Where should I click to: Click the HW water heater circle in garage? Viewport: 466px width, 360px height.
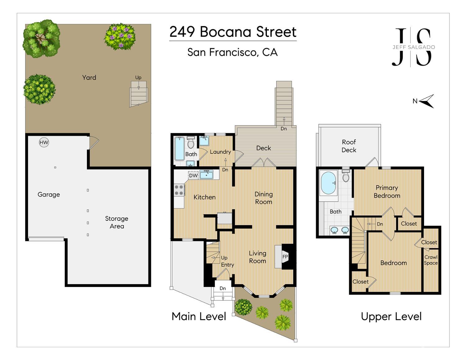click(44, 143)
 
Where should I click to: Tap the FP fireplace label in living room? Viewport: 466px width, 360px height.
click(285, 257)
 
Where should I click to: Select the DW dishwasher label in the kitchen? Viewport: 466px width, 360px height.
click(193, 175)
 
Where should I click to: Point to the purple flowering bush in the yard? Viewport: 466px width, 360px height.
click(120, 36)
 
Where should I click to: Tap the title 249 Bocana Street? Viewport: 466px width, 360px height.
click(233, 32)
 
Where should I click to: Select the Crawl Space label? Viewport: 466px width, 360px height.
click(431, 260)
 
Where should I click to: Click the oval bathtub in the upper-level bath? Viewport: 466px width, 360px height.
click(328, 183)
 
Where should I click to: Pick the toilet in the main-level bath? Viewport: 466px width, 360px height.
click(191, 143)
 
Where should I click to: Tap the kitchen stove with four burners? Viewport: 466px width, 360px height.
click(179, 190)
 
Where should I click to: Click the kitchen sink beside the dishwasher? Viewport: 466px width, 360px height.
click(206, 175)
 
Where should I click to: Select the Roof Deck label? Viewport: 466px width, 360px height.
click(349, 146)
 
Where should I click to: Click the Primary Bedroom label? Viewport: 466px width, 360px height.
click(387, 192)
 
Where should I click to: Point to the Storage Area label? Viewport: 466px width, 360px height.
click(116, 222)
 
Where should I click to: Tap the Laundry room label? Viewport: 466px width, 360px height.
click(220, 152)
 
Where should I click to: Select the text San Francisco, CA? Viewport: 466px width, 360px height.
click(232, 52)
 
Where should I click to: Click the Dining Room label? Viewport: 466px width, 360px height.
click(263, 198)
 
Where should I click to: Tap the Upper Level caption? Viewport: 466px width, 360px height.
click(391, 317)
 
